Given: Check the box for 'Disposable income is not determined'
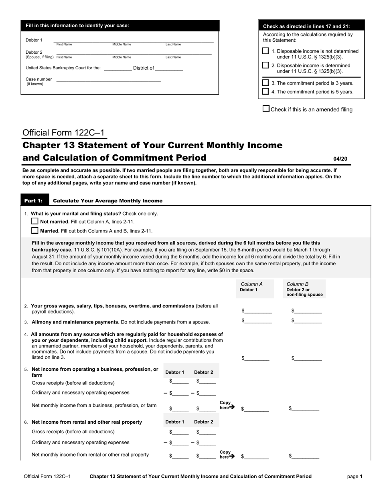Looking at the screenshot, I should [265, 51].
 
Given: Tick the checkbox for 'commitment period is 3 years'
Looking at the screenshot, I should [265, 83].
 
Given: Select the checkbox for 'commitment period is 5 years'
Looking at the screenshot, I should [265, 91].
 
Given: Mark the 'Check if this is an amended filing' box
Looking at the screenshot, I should [266, 109].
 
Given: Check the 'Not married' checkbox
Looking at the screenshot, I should [35, 221].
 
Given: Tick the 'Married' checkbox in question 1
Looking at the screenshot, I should [35, 230].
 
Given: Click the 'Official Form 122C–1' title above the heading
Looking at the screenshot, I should [64, 133].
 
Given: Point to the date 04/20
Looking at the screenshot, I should [340, 159].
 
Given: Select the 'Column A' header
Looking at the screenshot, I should [251, 284].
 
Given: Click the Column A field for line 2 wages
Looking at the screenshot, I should [258, 311].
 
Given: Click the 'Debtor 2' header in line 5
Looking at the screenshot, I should [204, 372].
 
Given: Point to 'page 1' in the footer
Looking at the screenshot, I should [355, 477].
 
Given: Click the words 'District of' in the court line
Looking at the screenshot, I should [143, 68].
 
